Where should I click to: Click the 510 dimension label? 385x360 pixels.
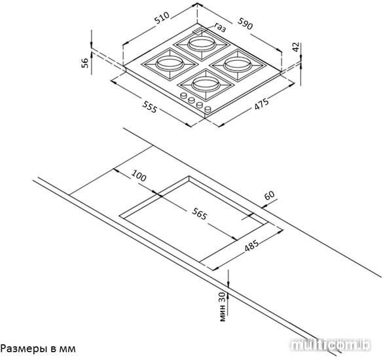[162, 18]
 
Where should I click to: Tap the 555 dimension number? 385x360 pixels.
[149, 107]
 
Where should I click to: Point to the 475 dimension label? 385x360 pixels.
[262, 104]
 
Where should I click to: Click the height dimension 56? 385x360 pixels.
[84, 63]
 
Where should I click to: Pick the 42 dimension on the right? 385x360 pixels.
[296, 47]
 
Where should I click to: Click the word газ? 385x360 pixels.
[220, 27]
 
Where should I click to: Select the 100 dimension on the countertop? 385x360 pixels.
[139, 175]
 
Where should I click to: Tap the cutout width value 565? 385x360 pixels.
[199, 213]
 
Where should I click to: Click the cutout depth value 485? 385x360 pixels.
[251, 246]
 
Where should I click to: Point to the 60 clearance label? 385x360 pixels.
[269, 195]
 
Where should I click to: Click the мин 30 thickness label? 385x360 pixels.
[222, 307]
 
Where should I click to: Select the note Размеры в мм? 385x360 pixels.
[38, 348]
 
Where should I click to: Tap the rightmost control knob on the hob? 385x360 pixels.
[208, 109]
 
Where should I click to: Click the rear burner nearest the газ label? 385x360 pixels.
[201, 45]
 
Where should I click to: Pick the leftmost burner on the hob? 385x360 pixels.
[170, 63]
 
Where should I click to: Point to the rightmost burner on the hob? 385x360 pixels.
[238, 65]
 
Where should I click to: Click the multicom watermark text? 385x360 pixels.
[331, 346]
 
